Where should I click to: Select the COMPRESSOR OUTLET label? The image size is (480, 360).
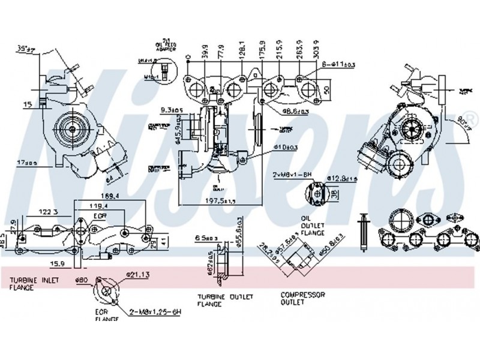303,298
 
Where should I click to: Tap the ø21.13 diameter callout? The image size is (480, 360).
137,275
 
